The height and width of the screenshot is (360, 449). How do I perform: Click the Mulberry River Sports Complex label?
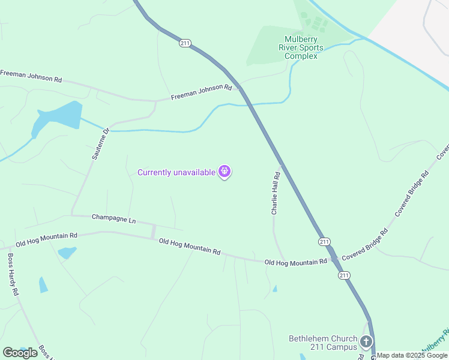pyautogui.click(x=304, y=48)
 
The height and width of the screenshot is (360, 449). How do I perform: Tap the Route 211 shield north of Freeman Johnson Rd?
pyautogui.click(x=185, y=43)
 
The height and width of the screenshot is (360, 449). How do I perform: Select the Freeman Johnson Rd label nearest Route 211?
pyautogui.click(x=201, y=92)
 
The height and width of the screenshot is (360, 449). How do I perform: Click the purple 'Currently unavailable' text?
pyautogui.click(x=176, y=173)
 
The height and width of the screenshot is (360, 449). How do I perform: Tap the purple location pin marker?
pyautogui.click(x=225, y=172)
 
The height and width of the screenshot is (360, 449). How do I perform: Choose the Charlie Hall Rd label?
pyautogui.click(x=275, y=194)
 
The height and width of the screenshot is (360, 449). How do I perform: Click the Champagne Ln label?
pyautogui.click(x=113, y=218)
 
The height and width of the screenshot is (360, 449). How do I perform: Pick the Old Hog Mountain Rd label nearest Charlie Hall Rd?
pyautogui.click(x=295, y=262)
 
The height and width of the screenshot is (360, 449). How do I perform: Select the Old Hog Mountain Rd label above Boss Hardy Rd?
pyautogui.click(x=47, y=240)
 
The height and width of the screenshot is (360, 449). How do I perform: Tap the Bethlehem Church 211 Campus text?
pyautogui.click(x=322, y=343)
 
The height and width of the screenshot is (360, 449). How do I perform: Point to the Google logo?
pyautogui.click(x=20, y=353)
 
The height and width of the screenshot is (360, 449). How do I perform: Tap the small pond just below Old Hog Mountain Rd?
pyautogui.click(x=67, y=253)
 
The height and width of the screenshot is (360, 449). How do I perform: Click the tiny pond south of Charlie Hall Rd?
pyautogui.click(x=275, y=289)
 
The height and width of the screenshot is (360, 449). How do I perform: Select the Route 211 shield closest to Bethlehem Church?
pyautogui.click(x=343, y=275)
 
